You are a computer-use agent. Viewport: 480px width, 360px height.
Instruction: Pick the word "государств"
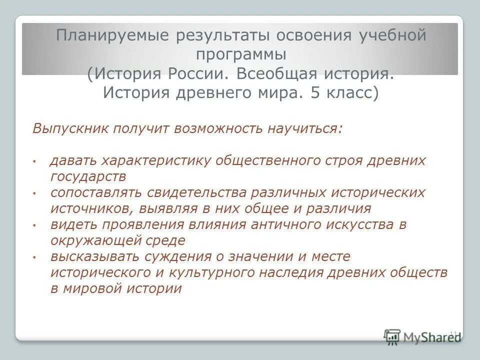(87, 176)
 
